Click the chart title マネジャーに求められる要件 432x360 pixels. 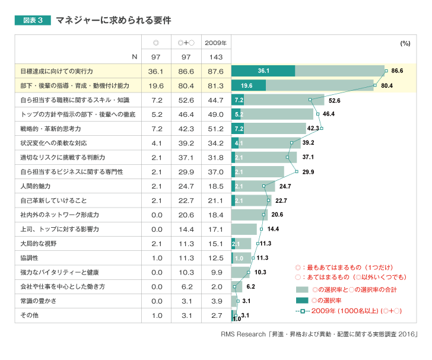(113, 20)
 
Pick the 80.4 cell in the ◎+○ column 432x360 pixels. (186, 85)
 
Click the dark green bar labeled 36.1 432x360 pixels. (263, 71)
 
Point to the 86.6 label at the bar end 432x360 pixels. (397, 71)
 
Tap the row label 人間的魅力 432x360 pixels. (35, 186)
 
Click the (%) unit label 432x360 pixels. (405, 43)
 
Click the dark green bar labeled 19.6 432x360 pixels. (248, 85)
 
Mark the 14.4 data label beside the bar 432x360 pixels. (273, 229)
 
